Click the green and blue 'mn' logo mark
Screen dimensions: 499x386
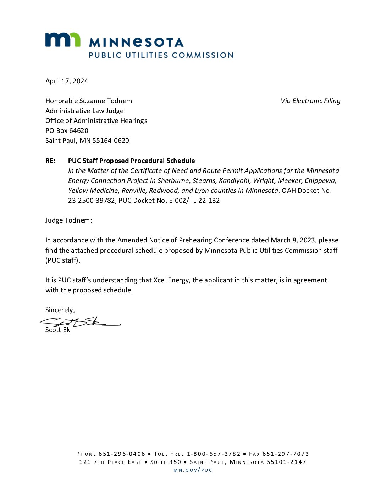(62, 40)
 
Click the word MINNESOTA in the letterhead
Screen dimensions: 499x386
(136, 43)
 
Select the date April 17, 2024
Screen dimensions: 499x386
(67, 81)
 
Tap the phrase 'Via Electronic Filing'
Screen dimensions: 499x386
(310, 101)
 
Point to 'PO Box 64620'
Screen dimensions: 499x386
(67, 131)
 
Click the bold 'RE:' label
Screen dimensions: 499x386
(50, 161)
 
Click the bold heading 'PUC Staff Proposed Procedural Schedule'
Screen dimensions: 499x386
(131, 161)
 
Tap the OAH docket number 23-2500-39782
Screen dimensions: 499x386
(92, 201)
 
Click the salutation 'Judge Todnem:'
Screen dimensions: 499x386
(68, 220)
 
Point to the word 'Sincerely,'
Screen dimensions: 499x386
(60, 310)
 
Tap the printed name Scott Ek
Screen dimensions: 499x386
(57, 330)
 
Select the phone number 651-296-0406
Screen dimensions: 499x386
(122, 454)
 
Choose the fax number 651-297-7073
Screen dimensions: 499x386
(286, 454)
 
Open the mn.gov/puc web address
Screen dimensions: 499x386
(193, 470)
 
